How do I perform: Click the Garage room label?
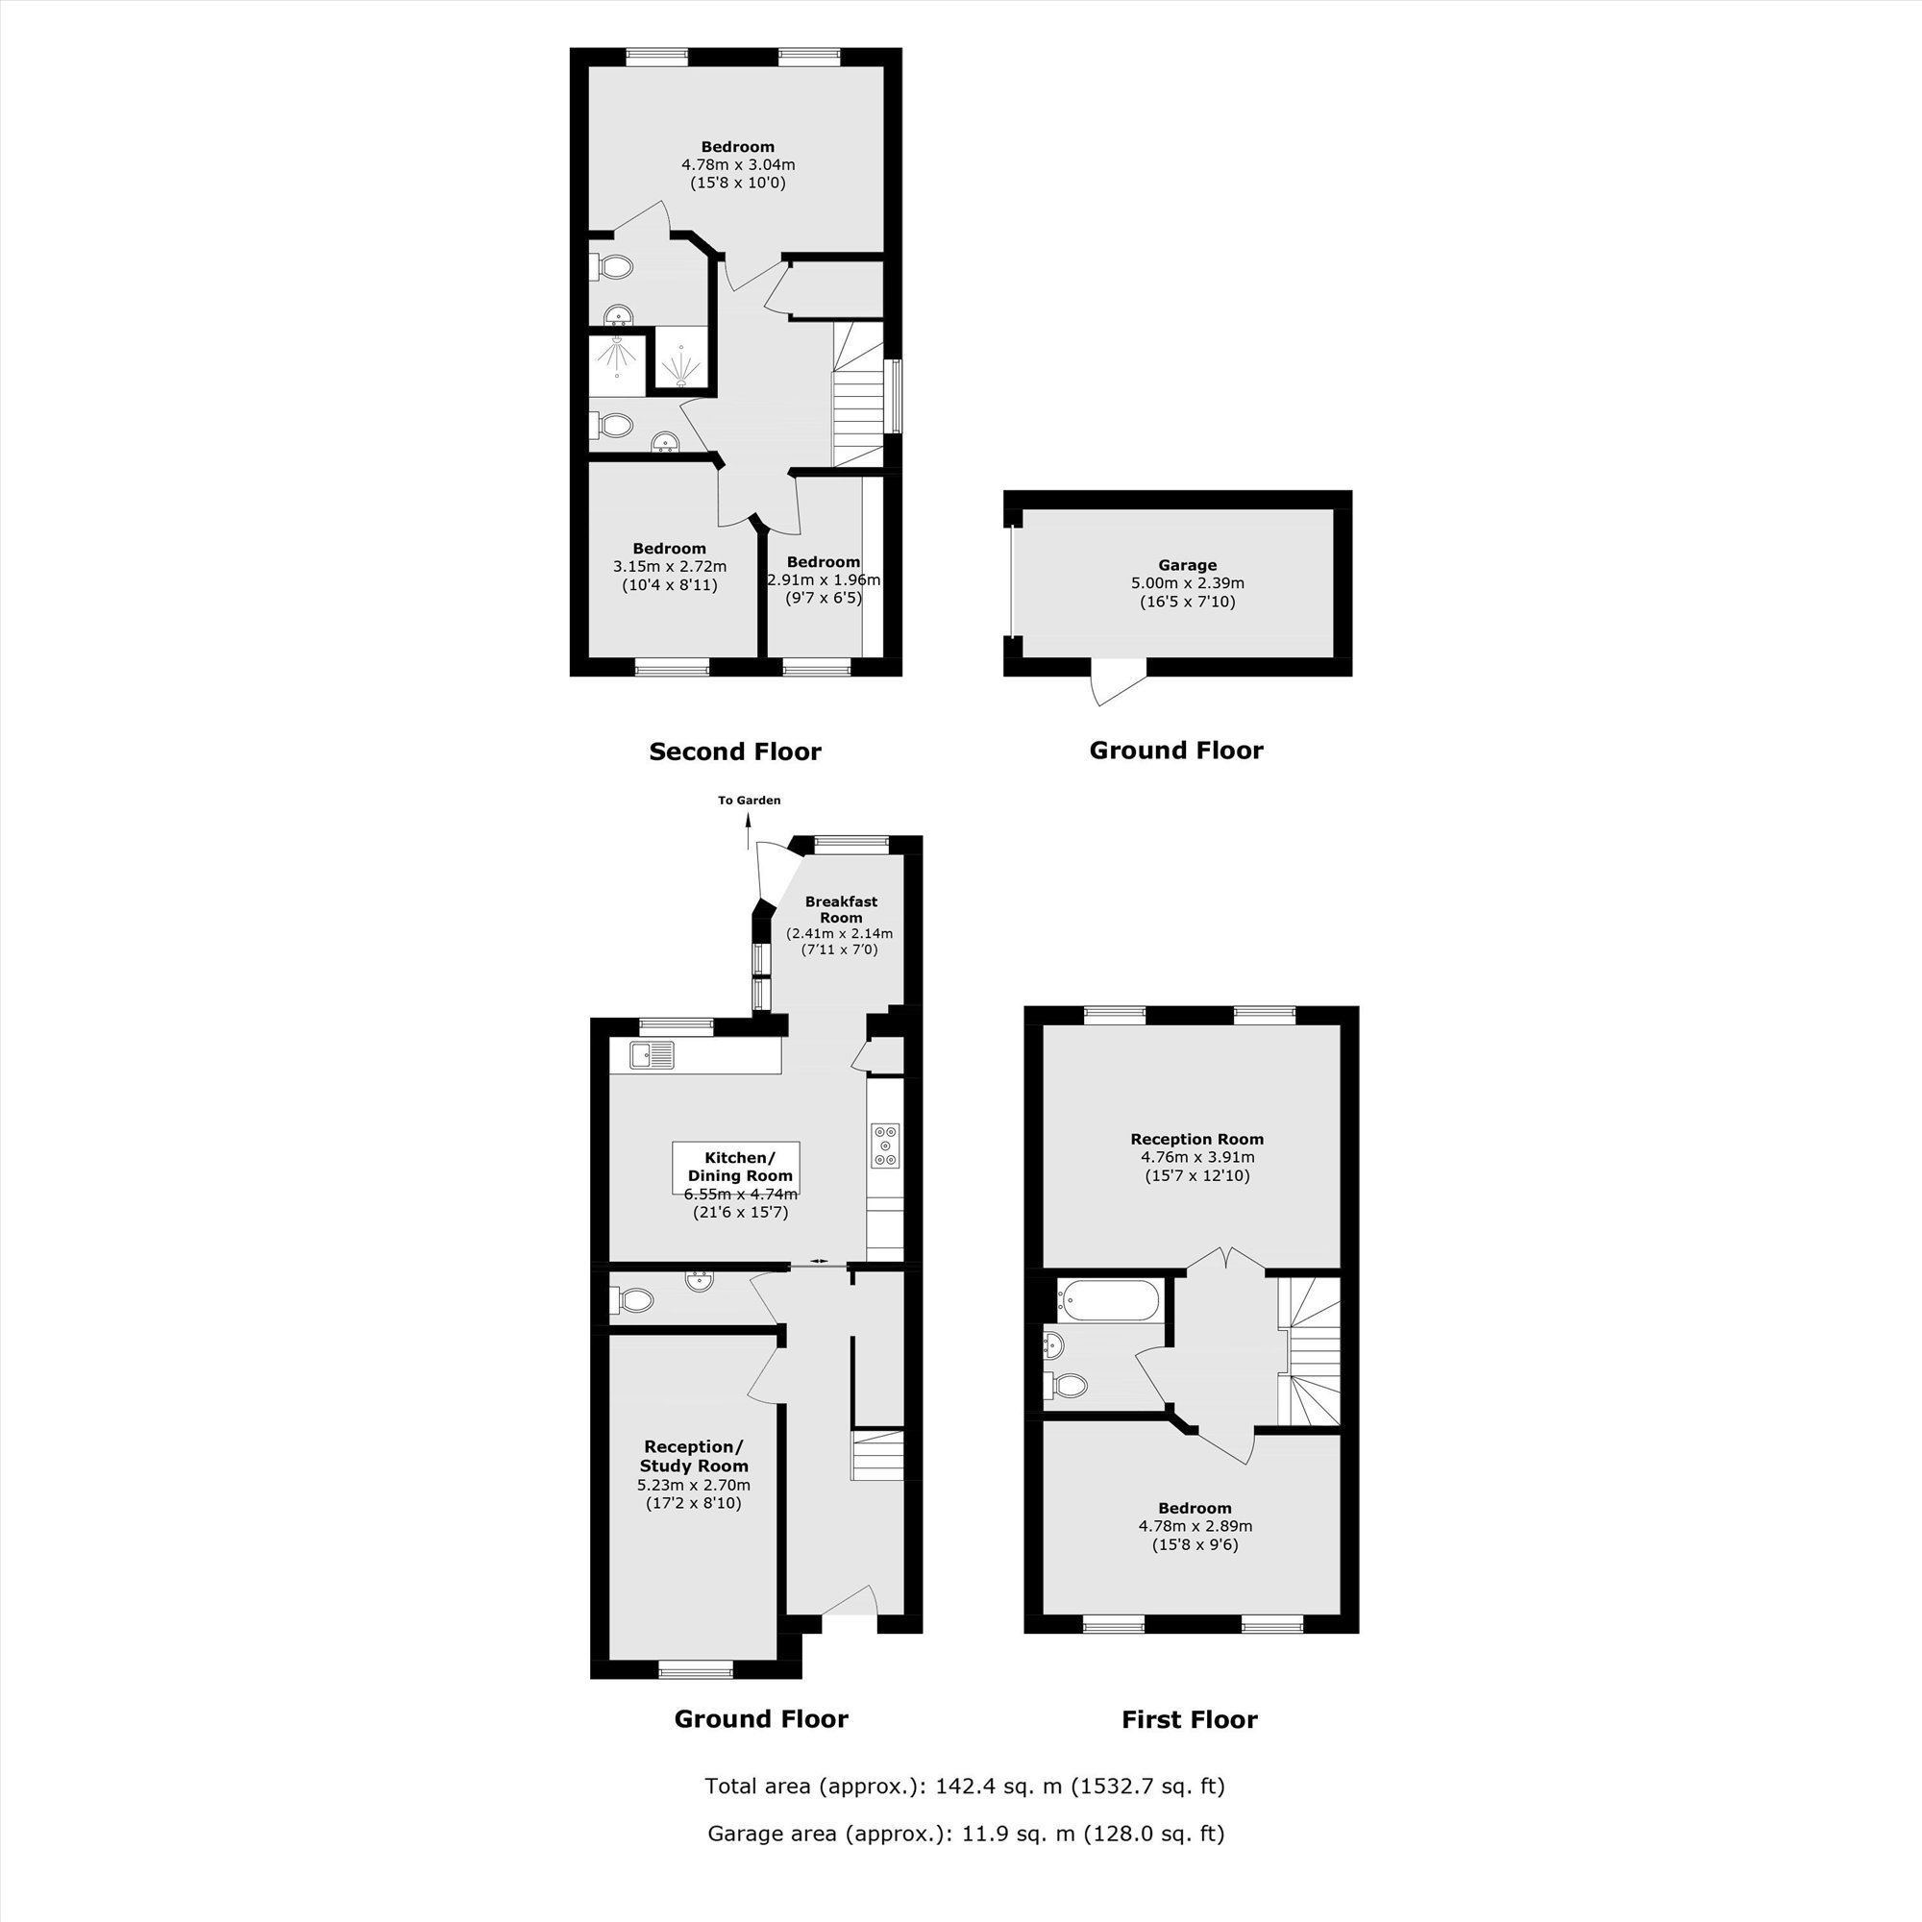pos(1187,565)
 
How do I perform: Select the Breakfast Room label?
pos(841,909)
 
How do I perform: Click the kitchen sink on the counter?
pos(652,1054)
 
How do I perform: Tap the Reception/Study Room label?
pos(694,1457)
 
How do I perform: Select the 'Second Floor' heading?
pos(734,752)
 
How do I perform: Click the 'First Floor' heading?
pos(1189,1720)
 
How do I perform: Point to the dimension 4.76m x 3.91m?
pos(1196,1157)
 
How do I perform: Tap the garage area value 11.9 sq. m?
pos(1017,1834)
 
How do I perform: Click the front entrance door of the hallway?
pos(848,1602)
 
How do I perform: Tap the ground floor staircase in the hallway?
pos(876,1457)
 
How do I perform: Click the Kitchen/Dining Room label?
pos(739,1166)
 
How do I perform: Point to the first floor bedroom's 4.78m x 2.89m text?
pos(1195,1526)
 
